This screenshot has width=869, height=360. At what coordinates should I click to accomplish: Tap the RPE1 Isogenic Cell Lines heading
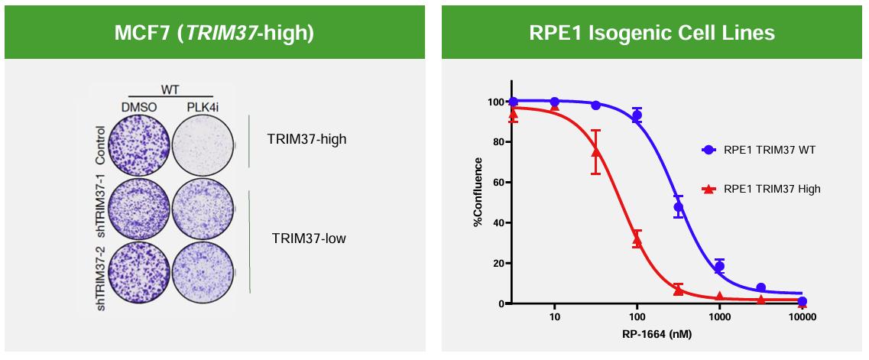[652, 34]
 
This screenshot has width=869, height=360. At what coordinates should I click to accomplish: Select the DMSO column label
[138, 107]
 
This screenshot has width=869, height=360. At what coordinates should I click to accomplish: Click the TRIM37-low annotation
[308, 238]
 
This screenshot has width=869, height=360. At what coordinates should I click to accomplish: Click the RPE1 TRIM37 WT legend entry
[769, 150]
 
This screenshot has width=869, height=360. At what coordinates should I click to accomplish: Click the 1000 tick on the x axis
[719, 316]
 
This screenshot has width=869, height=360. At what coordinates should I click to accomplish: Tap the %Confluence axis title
[478, 192]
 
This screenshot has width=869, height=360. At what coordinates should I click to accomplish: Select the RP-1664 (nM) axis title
[637, 336]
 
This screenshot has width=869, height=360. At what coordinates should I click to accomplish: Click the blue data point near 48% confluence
[678, 207]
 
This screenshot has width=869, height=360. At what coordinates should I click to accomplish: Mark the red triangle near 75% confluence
[595, 152]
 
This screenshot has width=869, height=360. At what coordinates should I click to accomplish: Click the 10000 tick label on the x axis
[800, 316]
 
